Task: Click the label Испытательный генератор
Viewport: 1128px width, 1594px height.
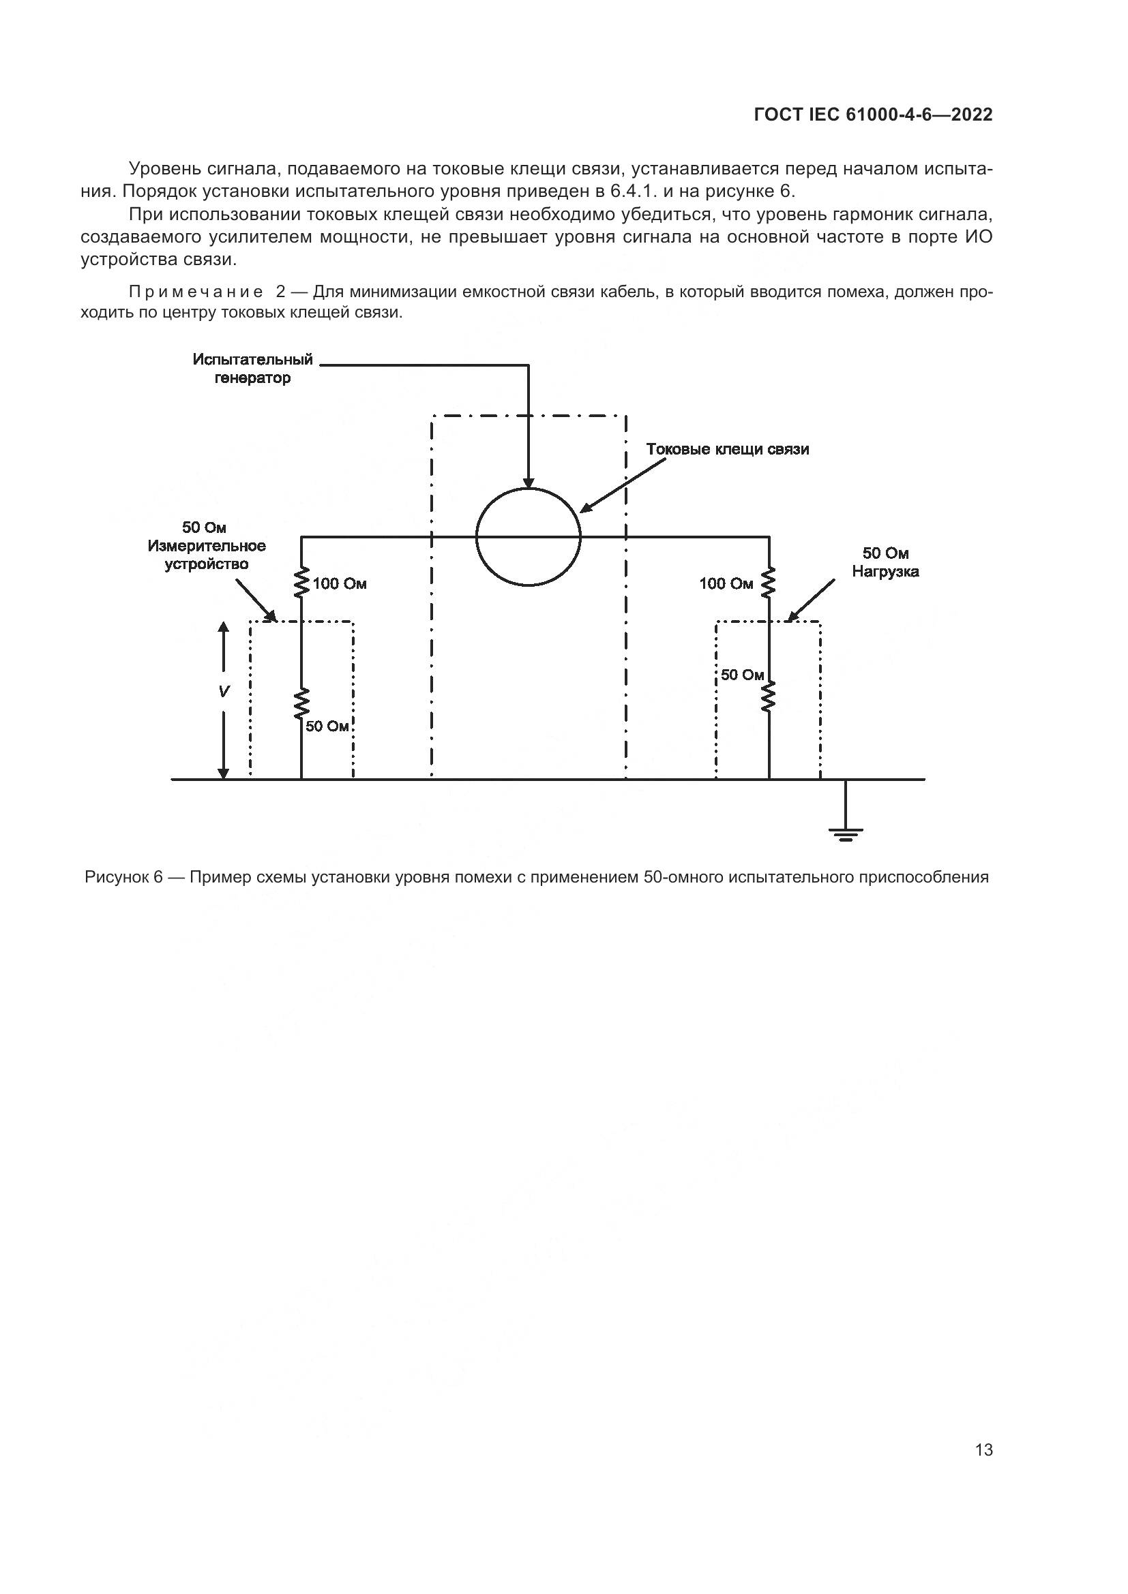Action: click(253, 369)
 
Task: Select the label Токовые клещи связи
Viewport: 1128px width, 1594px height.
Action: click(727, 449)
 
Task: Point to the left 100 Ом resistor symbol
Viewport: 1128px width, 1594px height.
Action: click(301, 583)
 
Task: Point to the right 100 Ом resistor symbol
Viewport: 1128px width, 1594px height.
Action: click(768, 583)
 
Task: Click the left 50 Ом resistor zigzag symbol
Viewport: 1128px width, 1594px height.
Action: click(301, 704)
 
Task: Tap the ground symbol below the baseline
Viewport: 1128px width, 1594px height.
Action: click(845, 832)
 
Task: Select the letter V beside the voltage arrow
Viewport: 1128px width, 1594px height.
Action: click(224, 692)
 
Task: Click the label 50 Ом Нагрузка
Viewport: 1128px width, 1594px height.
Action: click(885, 562)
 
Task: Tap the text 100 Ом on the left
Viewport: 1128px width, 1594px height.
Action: click(340, 584)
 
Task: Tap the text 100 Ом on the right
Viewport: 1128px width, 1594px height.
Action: click(726, 584)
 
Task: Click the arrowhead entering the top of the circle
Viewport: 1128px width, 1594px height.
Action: click(528, 483)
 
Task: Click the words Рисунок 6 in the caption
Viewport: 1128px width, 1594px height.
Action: click(123, 877)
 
